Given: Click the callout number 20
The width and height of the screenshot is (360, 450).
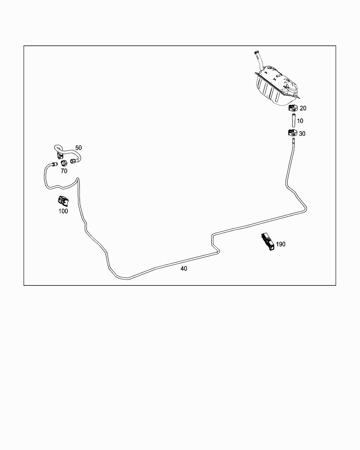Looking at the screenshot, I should pos(303,108).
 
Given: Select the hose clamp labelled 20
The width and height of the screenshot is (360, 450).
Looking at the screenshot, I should pos(293,108).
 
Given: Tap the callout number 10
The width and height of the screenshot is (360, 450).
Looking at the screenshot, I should pos(300,121).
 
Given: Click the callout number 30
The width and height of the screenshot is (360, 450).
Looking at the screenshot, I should pos(302,134).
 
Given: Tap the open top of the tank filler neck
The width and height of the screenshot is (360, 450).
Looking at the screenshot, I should pos(257,53).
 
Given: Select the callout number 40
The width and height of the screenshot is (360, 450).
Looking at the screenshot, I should pos(184,269).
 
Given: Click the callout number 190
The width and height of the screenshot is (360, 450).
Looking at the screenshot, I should pos(281,244).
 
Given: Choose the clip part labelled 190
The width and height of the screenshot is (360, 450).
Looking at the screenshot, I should pos(268,242).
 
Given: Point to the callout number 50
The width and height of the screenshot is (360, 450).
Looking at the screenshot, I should pos(78,148).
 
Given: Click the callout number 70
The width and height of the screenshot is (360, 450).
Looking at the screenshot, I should pos(64,171).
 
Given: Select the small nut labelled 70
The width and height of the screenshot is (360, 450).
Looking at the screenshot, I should pos(64,163).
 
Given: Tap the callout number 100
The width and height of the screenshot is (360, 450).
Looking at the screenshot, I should pos(63,211).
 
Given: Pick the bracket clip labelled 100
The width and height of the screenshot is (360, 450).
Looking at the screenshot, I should pos(63,201).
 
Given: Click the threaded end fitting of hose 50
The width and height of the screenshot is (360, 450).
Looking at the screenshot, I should pos(74,161).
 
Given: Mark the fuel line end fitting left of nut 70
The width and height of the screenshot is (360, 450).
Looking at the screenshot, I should pos(54,163).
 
